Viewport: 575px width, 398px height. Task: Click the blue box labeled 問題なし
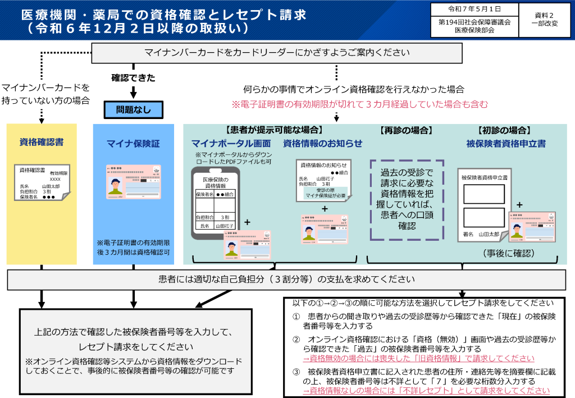click(134, 110)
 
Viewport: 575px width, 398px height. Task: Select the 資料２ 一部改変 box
click(544, 20)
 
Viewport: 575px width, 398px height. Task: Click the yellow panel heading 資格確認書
click(41, 142)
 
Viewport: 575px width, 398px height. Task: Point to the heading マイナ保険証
click(133, 144)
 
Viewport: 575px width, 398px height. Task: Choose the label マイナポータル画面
click(231, 144)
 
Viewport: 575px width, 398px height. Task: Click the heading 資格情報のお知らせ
click(323, 144)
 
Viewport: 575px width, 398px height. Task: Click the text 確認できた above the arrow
click(133, 77)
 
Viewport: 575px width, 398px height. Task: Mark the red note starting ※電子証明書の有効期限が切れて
click(359, 104)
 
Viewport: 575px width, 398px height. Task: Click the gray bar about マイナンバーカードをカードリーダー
click(277, 53)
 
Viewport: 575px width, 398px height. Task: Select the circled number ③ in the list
click(296, 372)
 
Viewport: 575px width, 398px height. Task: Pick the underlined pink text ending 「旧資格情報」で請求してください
click(419, 359)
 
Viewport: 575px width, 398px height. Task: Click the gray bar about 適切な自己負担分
click(287, 279)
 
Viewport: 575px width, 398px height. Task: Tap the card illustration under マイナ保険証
click(134, 181)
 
